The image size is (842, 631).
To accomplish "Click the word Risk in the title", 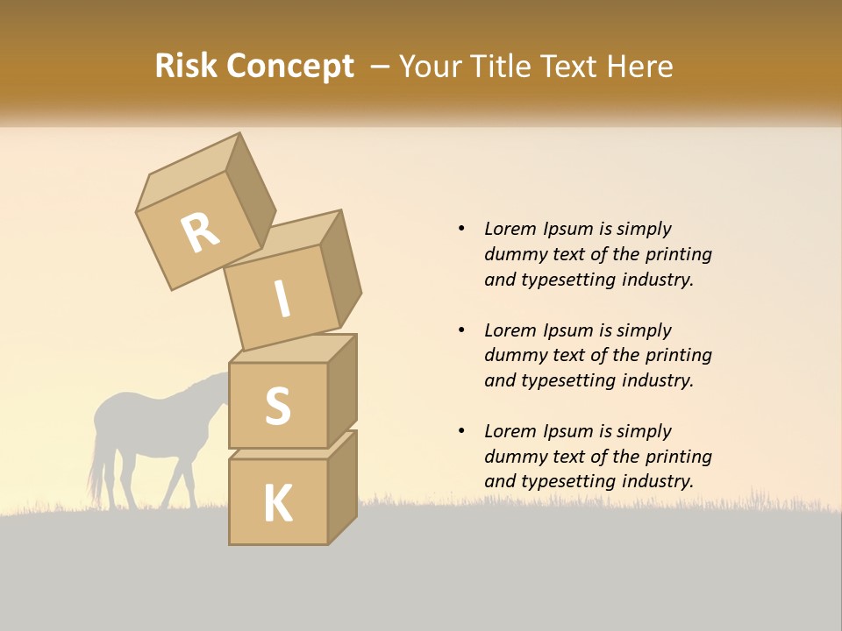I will point(186,66).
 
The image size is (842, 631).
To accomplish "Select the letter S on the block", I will point(277,406).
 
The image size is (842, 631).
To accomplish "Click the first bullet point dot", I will point(461,230).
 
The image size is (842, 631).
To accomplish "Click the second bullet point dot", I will point(461,330).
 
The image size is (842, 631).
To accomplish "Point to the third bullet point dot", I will point(461,431).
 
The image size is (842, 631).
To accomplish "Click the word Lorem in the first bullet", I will point(510,229).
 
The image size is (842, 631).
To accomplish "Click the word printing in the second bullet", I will point(678,355).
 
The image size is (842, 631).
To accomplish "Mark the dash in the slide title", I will point(381,67).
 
